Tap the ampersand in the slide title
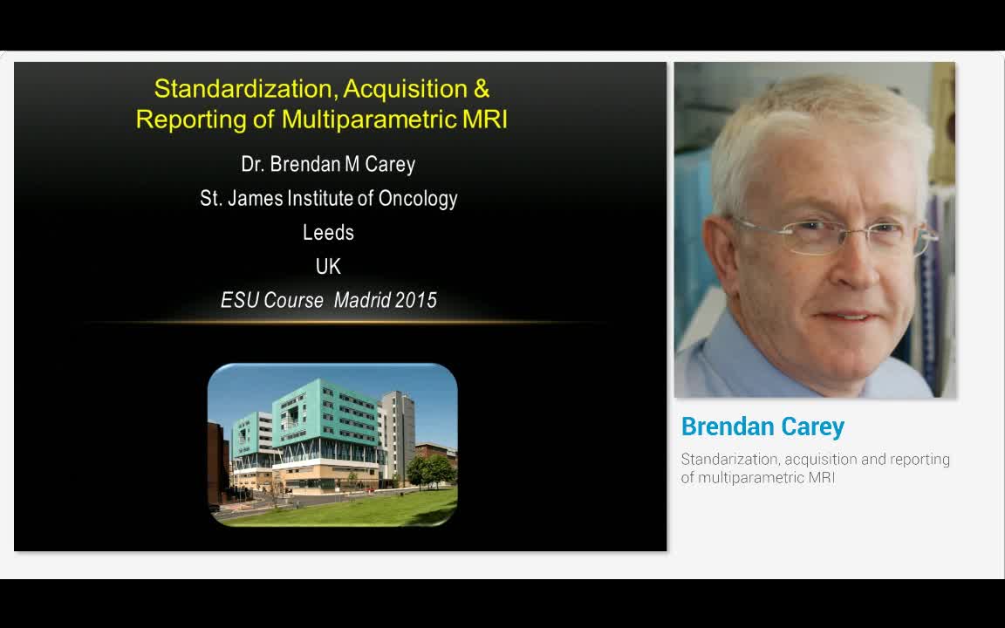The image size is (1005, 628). click(481, 89)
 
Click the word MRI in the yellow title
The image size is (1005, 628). click(485, 119)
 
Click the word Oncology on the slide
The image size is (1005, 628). click(418, 199)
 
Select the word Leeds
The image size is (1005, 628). click(328, 233)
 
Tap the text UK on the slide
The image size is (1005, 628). click(328, 267)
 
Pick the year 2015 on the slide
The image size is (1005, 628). click(416, 300)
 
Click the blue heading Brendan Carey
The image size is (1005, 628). click(762, 427)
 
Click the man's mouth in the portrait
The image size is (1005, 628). click(844, 317)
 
